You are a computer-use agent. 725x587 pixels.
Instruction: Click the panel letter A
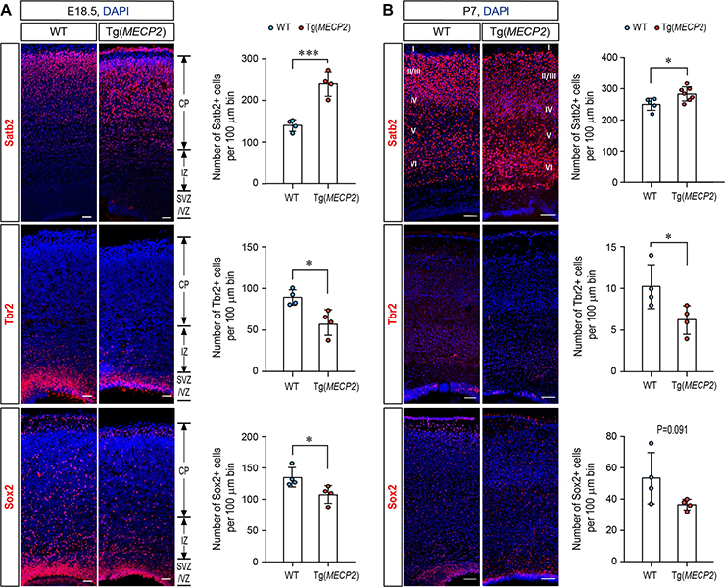click(6, 9)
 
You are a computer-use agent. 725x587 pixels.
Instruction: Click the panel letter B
click(388, 9)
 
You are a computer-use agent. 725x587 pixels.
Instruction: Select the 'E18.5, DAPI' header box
click(97, 10)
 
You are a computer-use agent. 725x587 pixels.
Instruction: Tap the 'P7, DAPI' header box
click(481, 10)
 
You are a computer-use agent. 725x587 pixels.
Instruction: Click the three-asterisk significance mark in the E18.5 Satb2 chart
click(310, 53)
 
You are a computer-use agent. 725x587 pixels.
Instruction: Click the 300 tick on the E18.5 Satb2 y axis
click(257, 59)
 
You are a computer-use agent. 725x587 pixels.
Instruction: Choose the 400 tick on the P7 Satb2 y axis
click(615, 58)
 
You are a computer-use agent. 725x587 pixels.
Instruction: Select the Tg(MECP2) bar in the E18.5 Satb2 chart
click(328, 133)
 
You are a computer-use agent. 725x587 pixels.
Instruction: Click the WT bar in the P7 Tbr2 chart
click(651, 329)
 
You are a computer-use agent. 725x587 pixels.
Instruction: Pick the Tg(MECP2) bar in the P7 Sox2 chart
click(687, 533)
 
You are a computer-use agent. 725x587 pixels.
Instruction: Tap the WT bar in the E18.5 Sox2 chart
click(293, 520)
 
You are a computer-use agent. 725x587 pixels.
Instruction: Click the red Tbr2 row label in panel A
click(10, 315)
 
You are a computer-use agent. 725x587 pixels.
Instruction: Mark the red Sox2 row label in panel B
click(393, 497)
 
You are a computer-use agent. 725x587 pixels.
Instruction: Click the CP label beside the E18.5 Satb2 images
click(184, 103)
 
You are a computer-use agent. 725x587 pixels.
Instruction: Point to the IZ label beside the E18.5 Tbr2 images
click(184, 352)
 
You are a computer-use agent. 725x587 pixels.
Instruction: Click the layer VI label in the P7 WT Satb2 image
click(414, 163)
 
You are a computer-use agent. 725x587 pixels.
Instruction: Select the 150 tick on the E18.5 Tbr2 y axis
click(257, 247)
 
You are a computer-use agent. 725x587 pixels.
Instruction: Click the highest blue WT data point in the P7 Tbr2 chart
click(652, 256)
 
